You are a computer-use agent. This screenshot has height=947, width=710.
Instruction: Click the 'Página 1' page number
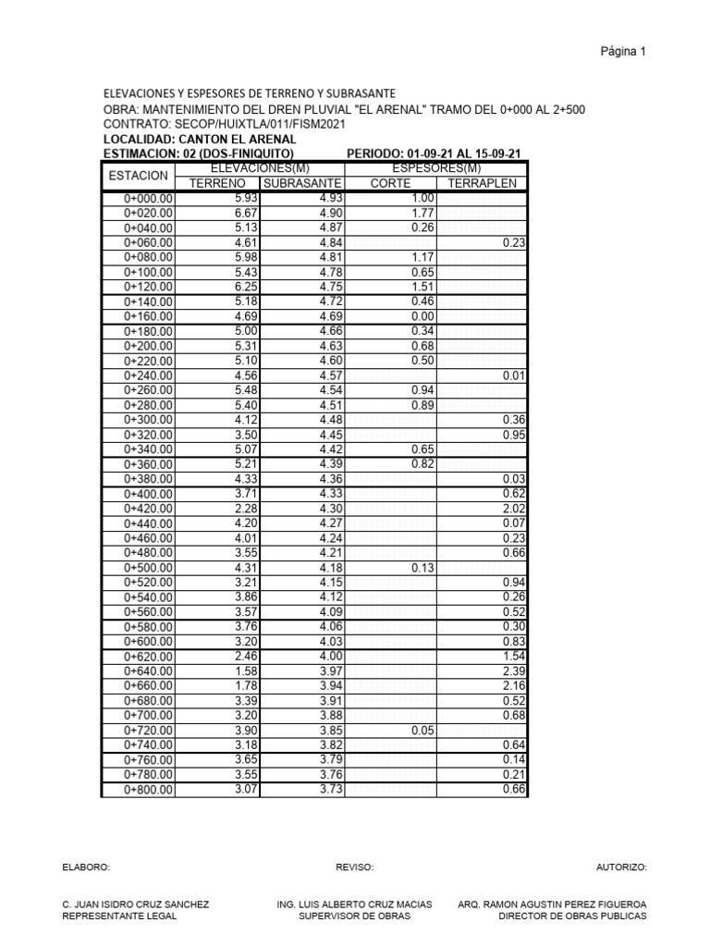coord(623,52)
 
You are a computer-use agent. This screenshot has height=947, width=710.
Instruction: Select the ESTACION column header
coord(138,176)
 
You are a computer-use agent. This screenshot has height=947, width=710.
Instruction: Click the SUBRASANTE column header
coord(301,183)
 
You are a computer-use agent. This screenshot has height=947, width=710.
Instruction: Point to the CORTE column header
coord(389,183)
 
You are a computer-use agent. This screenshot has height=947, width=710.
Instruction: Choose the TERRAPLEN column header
coord(482,183)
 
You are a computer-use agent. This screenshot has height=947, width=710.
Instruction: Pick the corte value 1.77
coord(422,214)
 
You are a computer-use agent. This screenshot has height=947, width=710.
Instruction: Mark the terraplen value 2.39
coord(513,671)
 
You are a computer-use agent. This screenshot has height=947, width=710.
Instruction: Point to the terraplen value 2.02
coord(513,509)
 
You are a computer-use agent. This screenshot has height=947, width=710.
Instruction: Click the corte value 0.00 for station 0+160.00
coord(422,317)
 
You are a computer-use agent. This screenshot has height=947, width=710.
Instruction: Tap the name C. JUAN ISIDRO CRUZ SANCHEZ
coord(135,904)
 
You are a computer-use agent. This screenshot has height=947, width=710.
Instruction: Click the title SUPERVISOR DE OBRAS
coord(354,916)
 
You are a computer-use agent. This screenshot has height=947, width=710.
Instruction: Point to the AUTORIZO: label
coord(621,868)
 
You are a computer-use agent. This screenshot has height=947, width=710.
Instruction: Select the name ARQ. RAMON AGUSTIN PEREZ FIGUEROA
coord(552,904)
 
